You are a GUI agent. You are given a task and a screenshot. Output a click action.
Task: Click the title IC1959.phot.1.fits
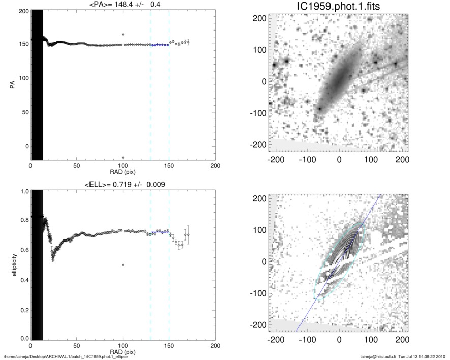coord(339,7)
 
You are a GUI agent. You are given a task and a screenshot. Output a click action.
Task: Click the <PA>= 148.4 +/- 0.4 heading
coord(123,5)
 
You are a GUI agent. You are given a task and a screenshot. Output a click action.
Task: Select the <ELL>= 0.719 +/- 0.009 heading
coord(123,184)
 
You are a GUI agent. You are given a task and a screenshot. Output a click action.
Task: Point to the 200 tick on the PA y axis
coord(23,11)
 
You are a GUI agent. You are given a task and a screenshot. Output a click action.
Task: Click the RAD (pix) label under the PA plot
coord(123,171)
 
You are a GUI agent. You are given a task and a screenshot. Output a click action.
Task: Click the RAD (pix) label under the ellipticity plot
coord(123,351)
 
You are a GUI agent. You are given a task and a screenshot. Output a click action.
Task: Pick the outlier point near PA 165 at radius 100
coord(123,34)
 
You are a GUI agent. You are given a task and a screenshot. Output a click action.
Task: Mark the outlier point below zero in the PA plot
coord(123,158)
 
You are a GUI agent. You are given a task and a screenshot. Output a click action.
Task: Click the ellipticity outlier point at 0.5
coord(123,265)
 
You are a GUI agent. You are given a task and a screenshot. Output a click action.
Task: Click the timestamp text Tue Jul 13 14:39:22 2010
coord(422,357)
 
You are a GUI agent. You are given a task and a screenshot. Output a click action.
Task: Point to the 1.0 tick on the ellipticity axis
coord(23,191)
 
